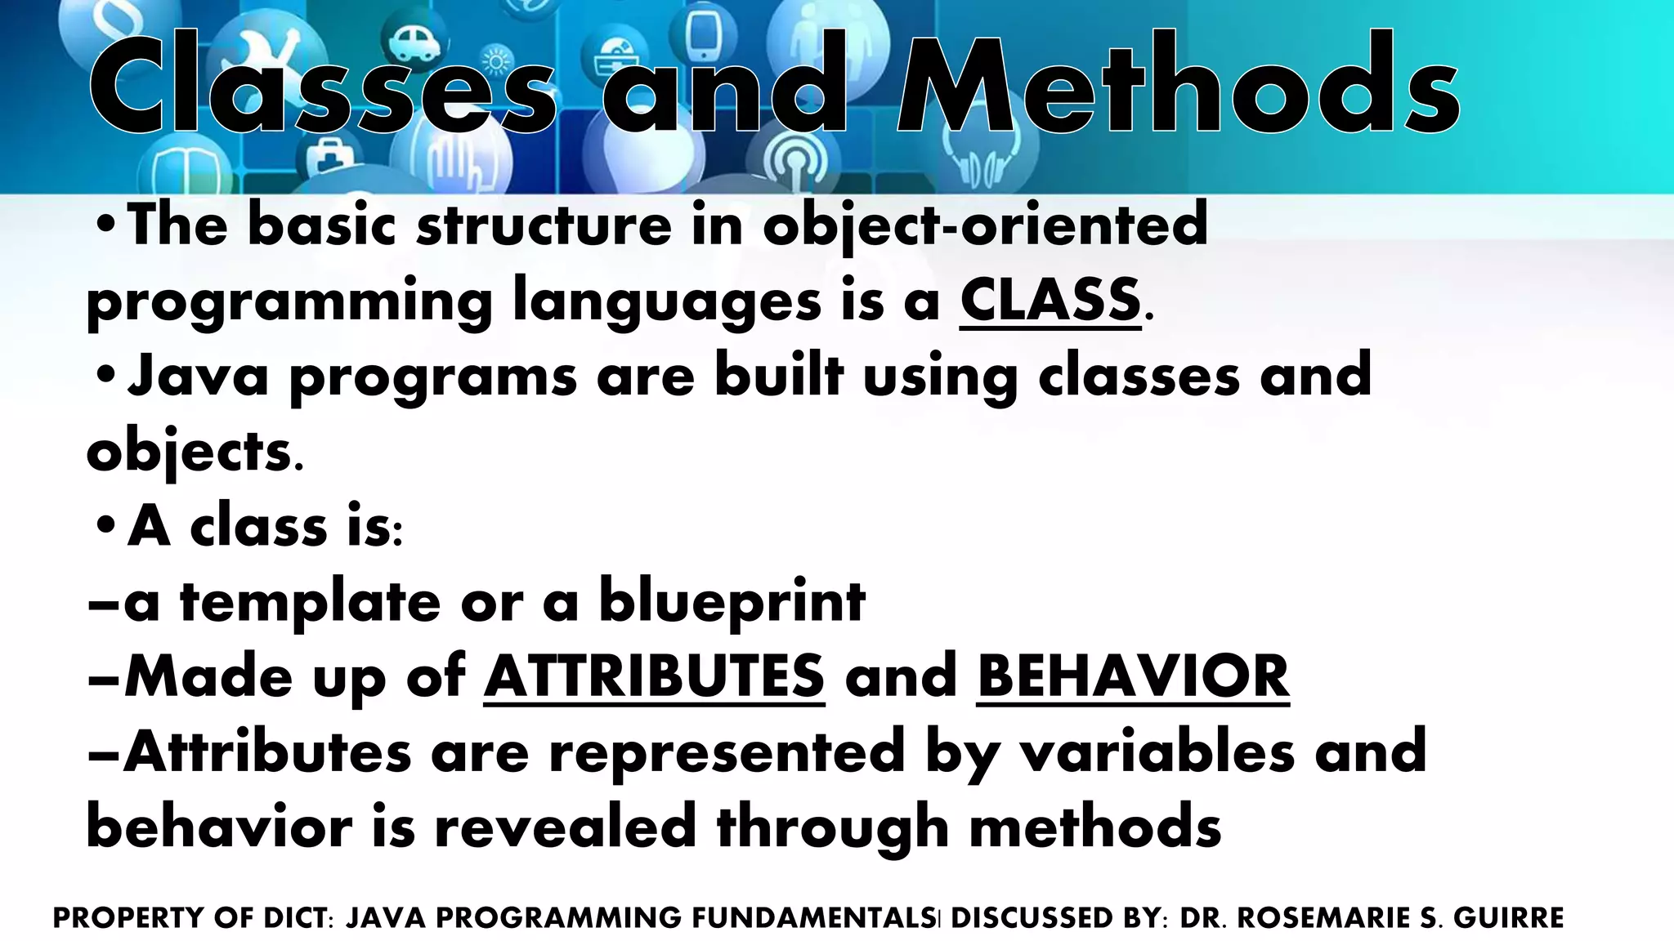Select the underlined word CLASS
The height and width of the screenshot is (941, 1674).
point(1050,300)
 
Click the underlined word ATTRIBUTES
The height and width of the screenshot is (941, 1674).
point(654,676)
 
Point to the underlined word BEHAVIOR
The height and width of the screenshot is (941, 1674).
point(1133,676)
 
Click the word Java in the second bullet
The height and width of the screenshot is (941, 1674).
point(198,376)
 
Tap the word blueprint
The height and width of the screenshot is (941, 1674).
point(732,603)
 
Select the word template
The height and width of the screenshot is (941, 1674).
point(310,603)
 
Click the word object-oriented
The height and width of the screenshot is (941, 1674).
point(985,225)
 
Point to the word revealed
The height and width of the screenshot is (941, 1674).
point(564,827)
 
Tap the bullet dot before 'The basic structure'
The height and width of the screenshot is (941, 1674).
point(105,224)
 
